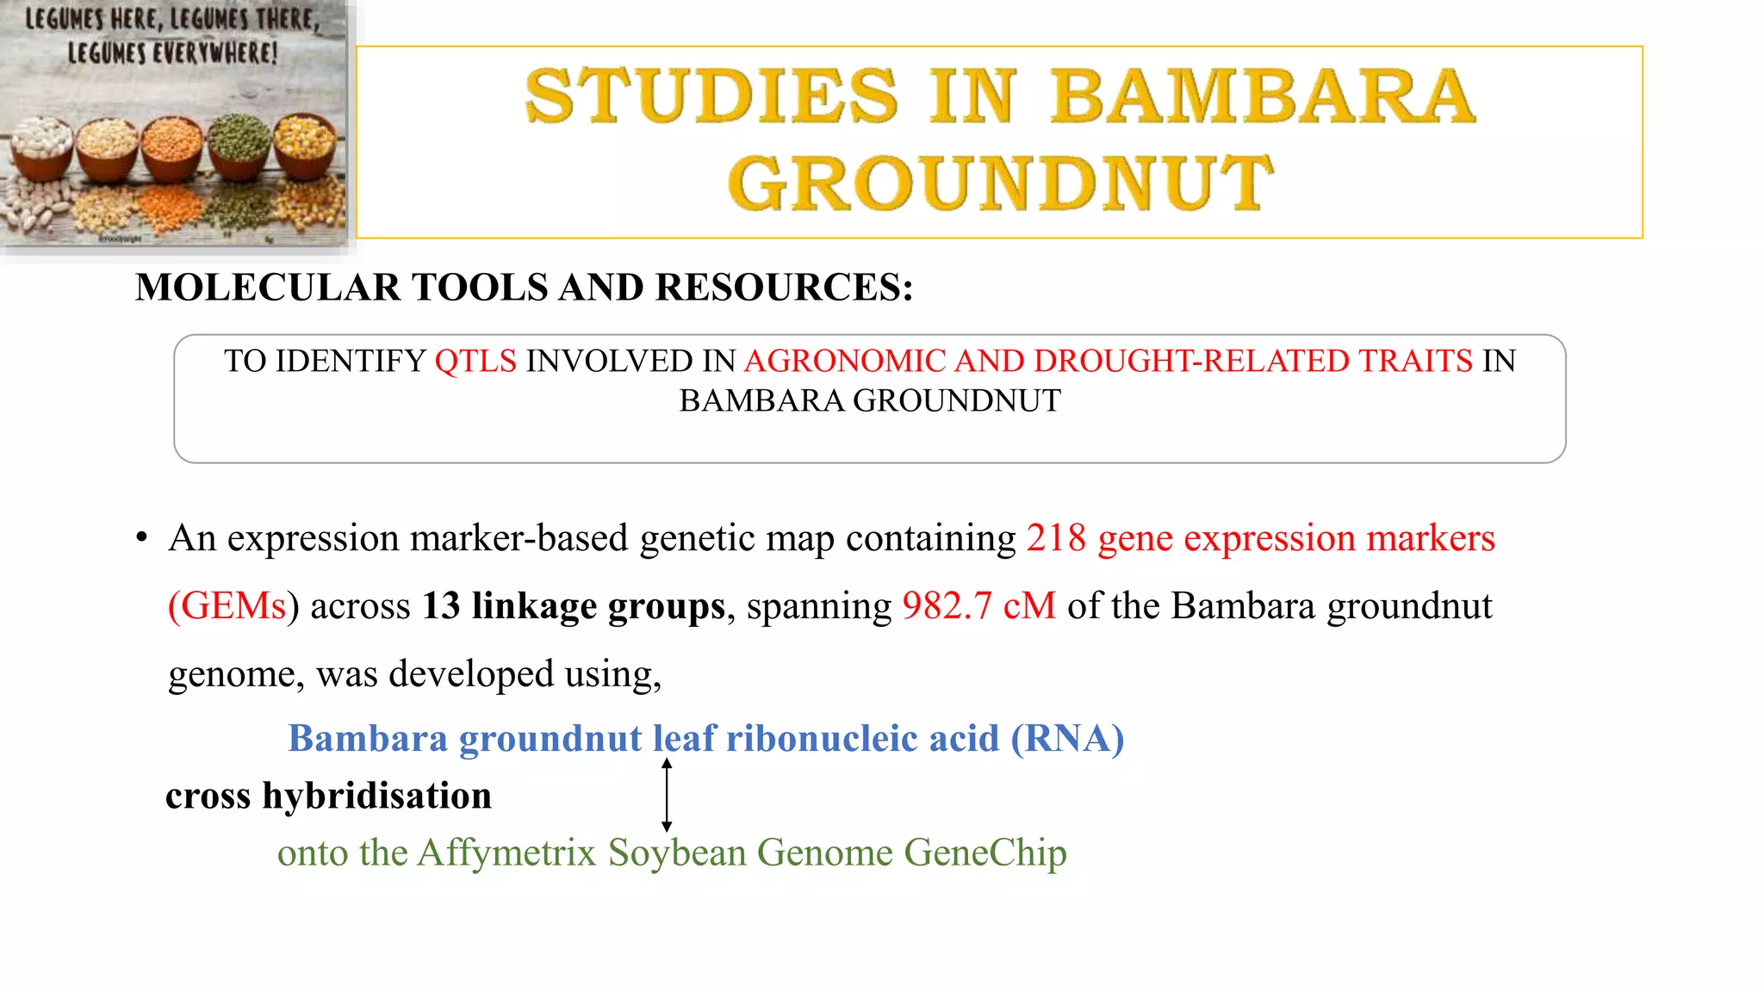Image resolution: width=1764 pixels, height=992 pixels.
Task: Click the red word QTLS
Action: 475,361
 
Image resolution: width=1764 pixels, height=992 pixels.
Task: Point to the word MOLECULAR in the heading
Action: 268,288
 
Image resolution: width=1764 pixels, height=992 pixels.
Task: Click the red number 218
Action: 1056,538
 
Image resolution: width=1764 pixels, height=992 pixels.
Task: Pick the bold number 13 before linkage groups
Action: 441,606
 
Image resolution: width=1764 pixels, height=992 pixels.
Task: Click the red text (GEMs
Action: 227,606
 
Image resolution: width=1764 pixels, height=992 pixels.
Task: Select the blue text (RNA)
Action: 1067,739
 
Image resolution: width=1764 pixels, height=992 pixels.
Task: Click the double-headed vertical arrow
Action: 667,795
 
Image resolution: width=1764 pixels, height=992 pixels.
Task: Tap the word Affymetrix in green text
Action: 507,853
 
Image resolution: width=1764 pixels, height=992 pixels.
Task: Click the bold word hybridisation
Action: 376,796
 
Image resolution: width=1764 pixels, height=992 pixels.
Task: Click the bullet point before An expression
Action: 141,539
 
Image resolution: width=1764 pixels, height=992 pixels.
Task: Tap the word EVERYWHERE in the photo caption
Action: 215,53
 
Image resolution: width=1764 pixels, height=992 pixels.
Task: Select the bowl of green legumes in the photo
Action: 240,142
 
